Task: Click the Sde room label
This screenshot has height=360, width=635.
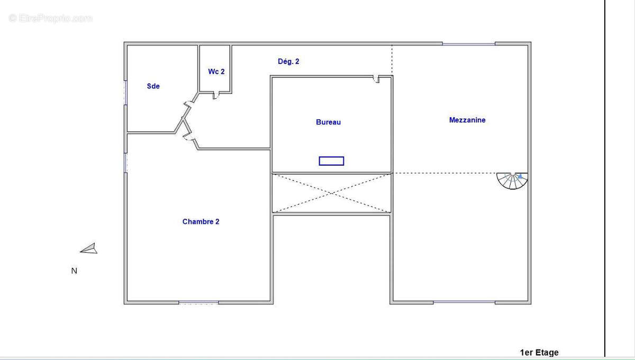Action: pos(153,86)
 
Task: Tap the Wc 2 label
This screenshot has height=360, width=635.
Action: pos(216,71)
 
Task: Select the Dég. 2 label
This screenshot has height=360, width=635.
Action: pos(288,61)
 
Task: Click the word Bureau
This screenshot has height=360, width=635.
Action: pos(328,122)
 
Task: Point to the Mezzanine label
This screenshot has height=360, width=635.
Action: pos(467,120)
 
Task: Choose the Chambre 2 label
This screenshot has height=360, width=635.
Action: pos(201,222)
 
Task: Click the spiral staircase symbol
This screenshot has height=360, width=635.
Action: pos(512,181)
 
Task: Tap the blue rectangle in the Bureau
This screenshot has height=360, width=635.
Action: pos(331,161)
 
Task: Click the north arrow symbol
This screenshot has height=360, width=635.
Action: pos(89,248)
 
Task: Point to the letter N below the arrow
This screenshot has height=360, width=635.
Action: pos(74,271)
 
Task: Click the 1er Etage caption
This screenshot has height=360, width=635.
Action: pos(539,353)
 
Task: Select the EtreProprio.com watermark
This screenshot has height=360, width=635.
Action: pos(50,18)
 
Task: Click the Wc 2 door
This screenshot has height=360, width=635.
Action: pos(216,96)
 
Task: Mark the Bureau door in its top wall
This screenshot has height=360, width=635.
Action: pos(376,79)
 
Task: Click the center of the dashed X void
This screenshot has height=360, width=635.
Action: pos(331,193)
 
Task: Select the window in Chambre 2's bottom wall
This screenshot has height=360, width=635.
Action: pos(198,303)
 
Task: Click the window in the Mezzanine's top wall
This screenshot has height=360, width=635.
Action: pos(469,44)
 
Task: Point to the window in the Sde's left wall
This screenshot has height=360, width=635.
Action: pos(125,93)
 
